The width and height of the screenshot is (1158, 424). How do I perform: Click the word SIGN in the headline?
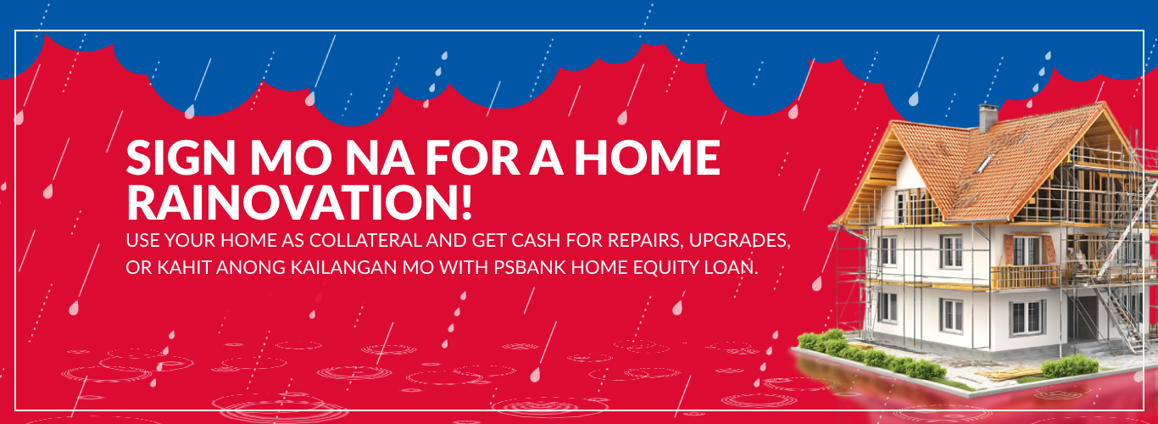tap(181, 158)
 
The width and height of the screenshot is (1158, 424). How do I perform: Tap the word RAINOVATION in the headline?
tap(291, 202)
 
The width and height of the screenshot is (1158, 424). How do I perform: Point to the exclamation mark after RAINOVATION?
tap(466, 202)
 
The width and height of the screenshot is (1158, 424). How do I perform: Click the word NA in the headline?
tap(380, 158)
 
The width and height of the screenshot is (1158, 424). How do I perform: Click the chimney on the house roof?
tap(988, 118)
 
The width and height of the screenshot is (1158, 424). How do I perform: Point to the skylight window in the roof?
tap(983, 164)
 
